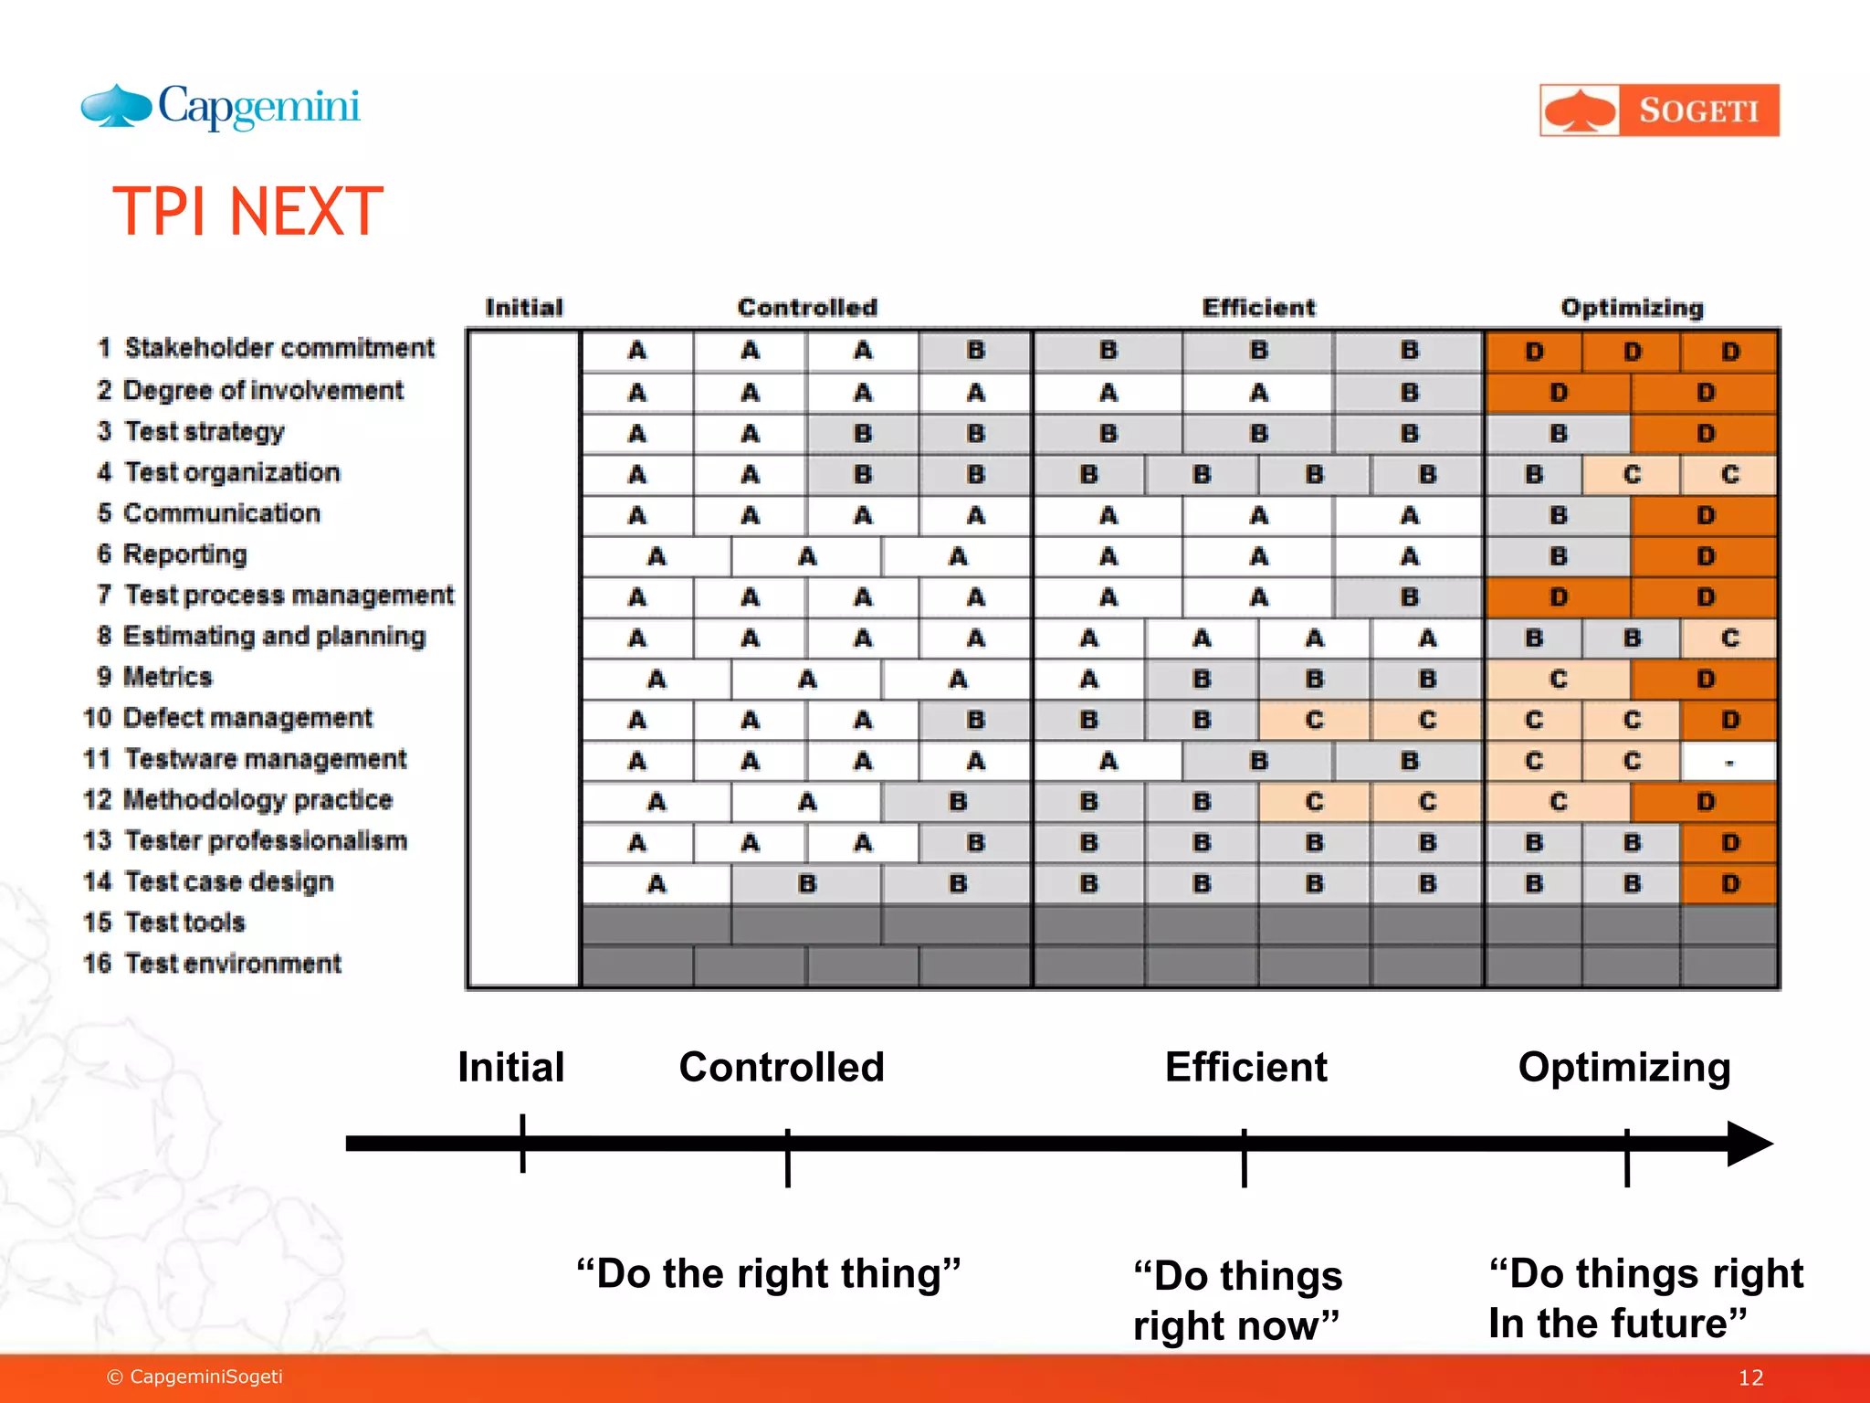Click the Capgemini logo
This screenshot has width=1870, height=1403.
coord(221,107)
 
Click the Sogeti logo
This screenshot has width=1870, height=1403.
coord(1658,111)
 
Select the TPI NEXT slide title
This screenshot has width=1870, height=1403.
coord(247,212)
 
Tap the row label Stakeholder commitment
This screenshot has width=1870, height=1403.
coord(278,348)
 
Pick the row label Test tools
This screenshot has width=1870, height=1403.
coord(184,923)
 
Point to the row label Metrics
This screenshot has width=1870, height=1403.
coord(167,677)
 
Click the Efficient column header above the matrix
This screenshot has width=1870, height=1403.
coord(1258,308)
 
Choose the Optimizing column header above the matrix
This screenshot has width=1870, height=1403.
coord(1632,308)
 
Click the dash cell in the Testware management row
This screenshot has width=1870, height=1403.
coord(1728,762)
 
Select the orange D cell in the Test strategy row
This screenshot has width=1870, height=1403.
coord(1704,434)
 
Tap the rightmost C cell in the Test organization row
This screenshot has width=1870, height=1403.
coord(1728,475)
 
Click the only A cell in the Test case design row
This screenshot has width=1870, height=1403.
coord(656,884)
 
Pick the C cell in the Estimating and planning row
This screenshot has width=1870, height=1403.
coord(1728,638)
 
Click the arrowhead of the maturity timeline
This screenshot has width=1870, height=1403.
coord(1749,1144)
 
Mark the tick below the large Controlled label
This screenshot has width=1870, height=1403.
coord(787,1157)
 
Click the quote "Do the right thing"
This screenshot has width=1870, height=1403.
coord(768,1273)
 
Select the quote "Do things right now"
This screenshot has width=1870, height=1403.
coord(1237,1300)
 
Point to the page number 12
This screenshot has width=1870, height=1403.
coord(1749,1377)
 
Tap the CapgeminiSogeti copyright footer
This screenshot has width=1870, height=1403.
coord(194,1377)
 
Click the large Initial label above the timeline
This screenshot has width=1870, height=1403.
coord(510,1067)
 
